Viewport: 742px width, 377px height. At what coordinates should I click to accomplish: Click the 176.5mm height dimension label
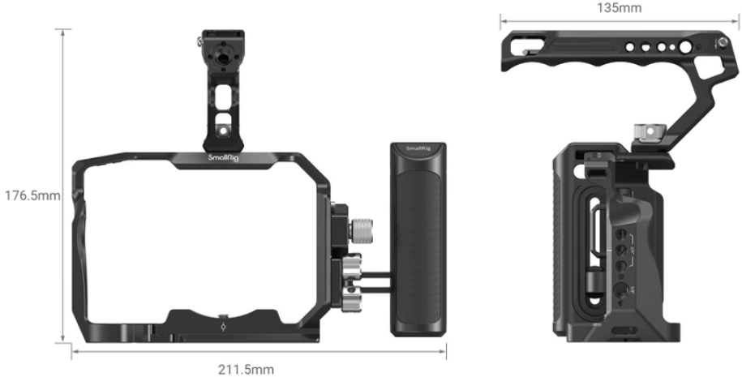tap(32, 195)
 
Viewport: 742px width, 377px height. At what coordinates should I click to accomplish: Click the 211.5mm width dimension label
tap(246, 369)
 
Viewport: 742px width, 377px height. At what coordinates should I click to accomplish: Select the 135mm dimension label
tap(619, 8)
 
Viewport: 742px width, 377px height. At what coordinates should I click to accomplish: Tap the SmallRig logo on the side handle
tap(417, 149)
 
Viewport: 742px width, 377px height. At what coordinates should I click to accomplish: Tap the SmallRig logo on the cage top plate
tap(223, 157)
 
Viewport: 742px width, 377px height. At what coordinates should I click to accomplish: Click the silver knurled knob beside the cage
tap(361, 229)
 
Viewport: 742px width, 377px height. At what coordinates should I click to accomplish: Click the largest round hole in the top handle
tap(685, 47)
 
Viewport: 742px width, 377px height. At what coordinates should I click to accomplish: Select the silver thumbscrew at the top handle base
tap(650, 131)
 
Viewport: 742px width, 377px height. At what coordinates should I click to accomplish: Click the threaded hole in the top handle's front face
tap(222, 58)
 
